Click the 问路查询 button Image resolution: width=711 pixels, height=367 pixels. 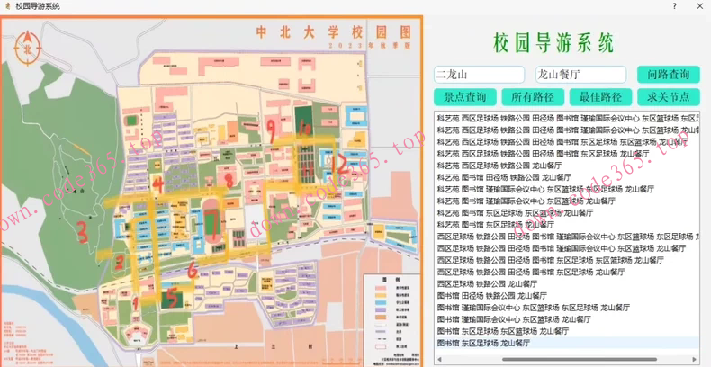pos(668,75)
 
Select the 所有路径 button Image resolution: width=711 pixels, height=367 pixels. pos(532,97)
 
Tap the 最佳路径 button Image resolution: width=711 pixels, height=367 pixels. pos(599,97)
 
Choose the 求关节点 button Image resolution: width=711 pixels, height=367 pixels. pos(668,97)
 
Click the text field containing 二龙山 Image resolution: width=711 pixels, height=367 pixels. pos(480,75)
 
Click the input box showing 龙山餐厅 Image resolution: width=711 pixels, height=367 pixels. pos(580,75)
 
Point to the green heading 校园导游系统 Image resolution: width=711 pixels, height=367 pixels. pos(553,41)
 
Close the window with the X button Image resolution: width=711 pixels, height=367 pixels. pos(698,6)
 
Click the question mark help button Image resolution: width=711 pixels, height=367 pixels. pos(675,6)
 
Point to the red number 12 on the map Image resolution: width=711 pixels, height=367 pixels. pos(338,163)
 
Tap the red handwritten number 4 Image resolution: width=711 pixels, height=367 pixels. pos(159,186)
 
